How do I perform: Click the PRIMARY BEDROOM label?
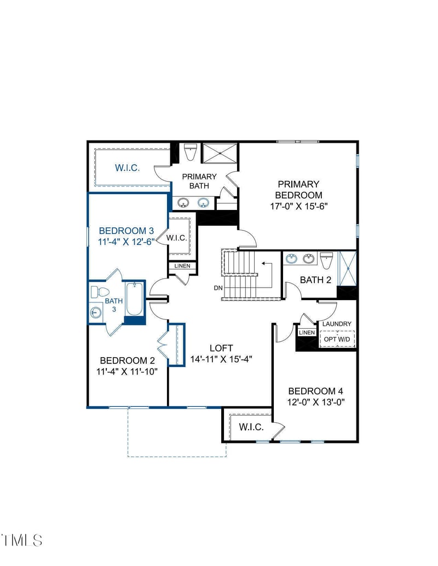tap(298, 190)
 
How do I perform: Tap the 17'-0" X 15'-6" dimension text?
tap(298, 206)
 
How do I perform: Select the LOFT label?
tap(221, 348)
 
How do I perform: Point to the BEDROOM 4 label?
tap(315, 391)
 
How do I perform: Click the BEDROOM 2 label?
tap(127, 360)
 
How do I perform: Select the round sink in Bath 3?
tap(96, 313)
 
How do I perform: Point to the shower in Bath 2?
tap(348, 268)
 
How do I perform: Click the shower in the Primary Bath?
tap(220, 153)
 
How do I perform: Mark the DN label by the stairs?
tap(218, 288)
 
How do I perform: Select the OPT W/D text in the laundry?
tap(337, 339)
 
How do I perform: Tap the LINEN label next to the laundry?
tap(307, 332)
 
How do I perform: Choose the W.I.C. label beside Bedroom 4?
tap(251, 427)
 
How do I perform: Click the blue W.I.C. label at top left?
tap(127, 168)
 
